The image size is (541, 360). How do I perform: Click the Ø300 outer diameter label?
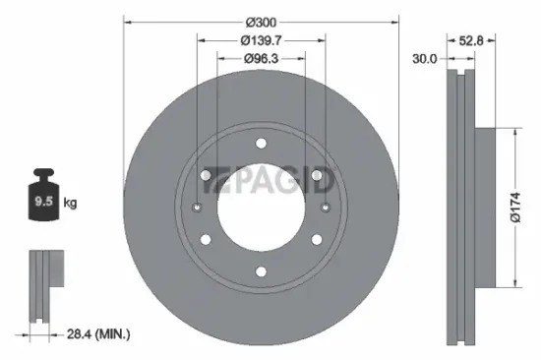click(261, 21)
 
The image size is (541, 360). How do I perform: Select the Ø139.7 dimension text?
click(261, 40)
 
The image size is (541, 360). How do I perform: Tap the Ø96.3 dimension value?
click(261, 59)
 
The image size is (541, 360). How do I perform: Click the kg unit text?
click(71, 206)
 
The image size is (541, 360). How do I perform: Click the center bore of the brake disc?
click(261, 208)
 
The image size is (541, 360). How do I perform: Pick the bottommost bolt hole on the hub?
click(261, 272)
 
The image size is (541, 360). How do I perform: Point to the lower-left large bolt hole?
click(206, 239)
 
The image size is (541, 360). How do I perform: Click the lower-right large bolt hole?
click(317, 239)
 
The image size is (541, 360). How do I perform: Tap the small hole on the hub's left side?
click(197, 208)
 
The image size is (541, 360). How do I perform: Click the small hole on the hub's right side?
click(326, 208)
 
